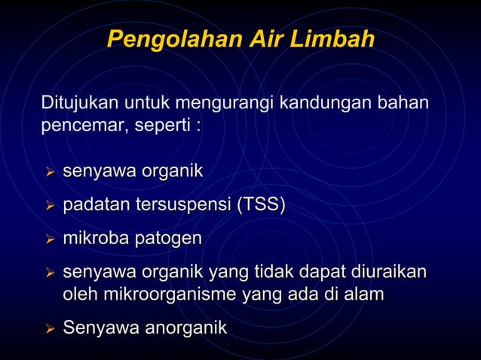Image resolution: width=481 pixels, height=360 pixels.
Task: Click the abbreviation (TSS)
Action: pyautogui.click(x=261, y=206)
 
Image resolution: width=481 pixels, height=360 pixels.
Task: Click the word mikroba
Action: pyautogui.click(x=96, y=239)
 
